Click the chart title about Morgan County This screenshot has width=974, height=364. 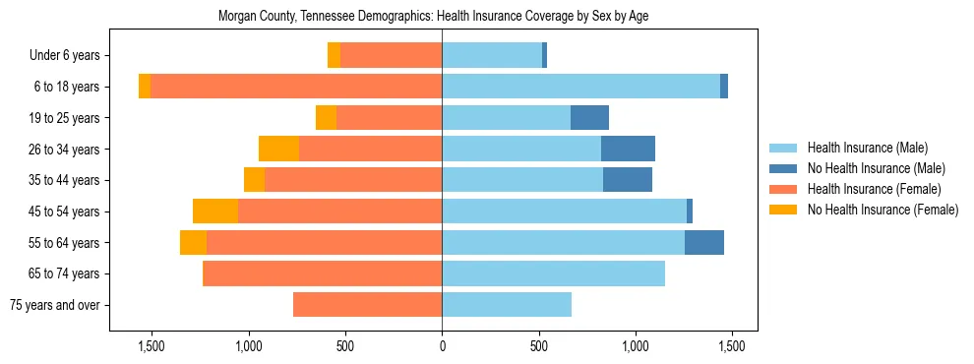pyautogui.click(x=433, y=16)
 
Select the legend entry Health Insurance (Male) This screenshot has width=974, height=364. pyautogui.click(x=867, y=148)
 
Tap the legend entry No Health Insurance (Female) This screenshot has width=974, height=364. pyautogui.click(x=883, y=210)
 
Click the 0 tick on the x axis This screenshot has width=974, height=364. pyautogui.click(x=442, y=346)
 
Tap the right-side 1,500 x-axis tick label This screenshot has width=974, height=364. pyautogui.click(x=732, y=346)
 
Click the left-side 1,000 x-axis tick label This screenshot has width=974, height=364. pyautogui.click(x=248, y=346)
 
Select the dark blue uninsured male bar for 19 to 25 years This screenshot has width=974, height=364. pyautogui.click(x=589, y=118)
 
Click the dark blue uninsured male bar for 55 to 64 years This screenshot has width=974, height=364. pyautogui.click(x=704, y=243)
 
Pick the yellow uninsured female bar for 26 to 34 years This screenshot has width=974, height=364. pyautogui.click(x=278, y=150)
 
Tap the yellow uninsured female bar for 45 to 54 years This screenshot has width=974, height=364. pyautogui.click(x=215, y=212)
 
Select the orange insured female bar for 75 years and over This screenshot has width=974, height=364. pyautogui.click(x=367, y=305)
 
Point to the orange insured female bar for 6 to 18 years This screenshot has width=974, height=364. pyautogui.click(x=295, y=87)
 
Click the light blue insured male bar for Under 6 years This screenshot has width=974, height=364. pyautogui.click(x=492, y=56)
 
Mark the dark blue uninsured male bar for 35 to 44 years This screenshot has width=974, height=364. pyautogui.click(x=628, y=180)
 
